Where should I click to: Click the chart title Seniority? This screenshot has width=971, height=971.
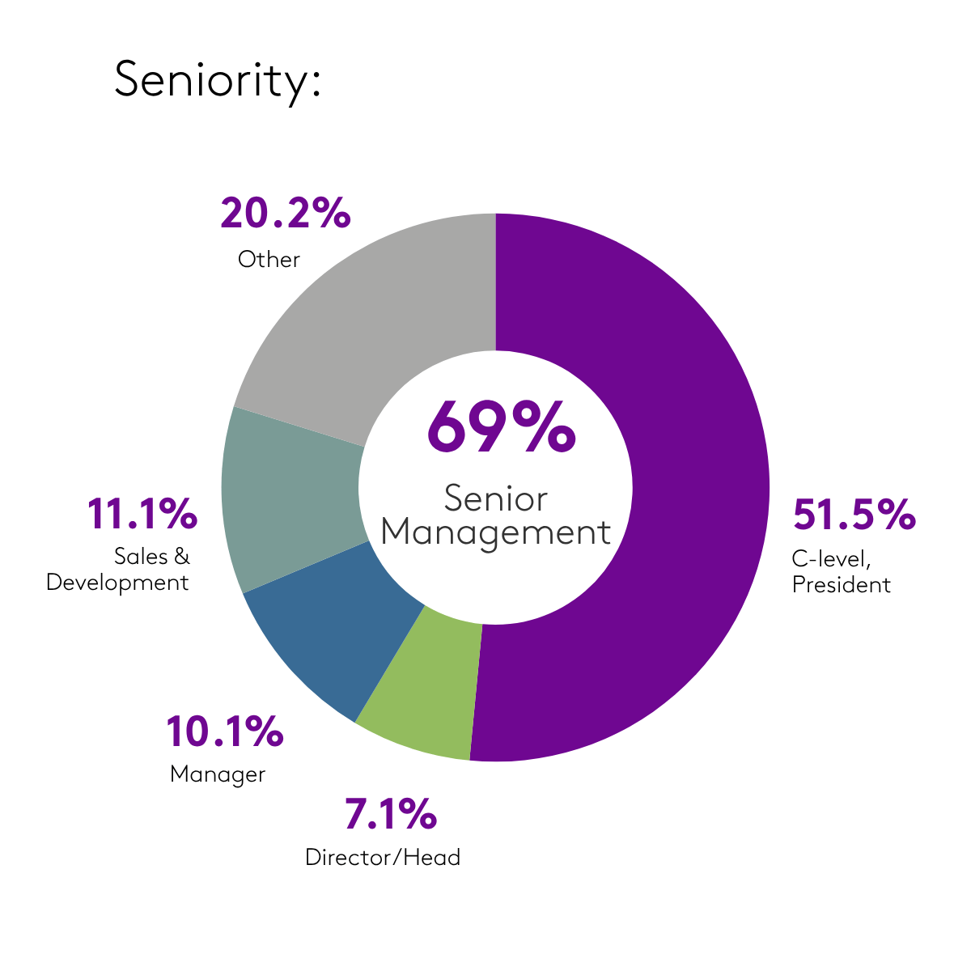click(218, 80)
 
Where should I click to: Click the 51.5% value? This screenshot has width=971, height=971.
click(854, 515)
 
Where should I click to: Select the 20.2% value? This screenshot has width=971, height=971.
click(285, 214)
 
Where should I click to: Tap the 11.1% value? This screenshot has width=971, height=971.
click(142, 515)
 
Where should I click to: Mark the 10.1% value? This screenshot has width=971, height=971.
click(224, 731)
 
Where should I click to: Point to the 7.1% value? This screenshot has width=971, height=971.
click(391, 814)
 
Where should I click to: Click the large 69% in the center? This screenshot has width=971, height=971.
click(501, 426)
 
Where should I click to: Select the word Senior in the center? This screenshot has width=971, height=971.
click(496, 498)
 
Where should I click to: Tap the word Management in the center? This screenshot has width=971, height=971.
click(496, 533)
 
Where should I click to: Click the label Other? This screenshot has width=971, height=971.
click(269, 260)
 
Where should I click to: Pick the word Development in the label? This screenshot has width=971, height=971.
click(117, 583)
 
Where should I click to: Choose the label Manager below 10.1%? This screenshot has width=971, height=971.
click(218, 774)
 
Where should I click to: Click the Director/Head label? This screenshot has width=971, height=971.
click(383, 858)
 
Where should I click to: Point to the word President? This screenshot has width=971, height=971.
click(842, 584)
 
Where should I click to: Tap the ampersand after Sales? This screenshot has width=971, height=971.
click(182, 557)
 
